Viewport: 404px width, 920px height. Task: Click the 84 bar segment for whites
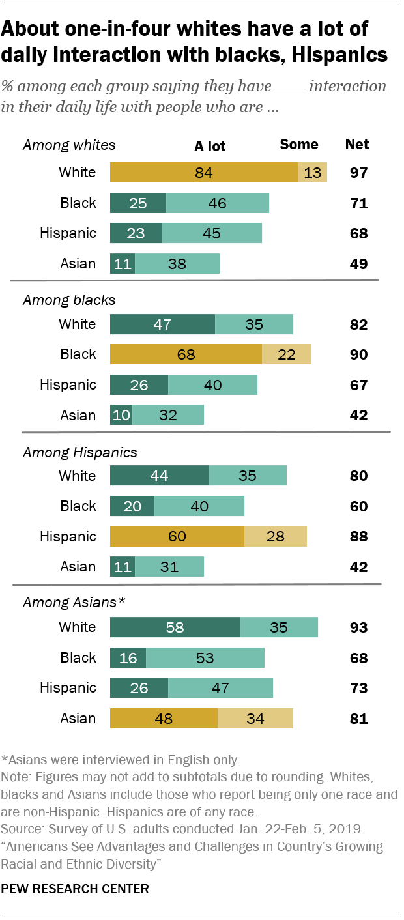coord(204,173)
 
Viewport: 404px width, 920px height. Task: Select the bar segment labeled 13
coord(312,173)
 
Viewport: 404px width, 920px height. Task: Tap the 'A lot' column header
coord(210,145)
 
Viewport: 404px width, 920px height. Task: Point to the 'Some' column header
coord(299,145)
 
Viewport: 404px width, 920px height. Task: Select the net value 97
coord(358,173)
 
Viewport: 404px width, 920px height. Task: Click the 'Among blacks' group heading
coord(69,300)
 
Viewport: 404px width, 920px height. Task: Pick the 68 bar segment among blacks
coord(186,354)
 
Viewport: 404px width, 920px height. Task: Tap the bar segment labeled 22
coord(287,354)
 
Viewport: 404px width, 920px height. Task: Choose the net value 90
coord(358,354)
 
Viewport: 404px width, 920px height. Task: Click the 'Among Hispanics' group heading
coord(80,452)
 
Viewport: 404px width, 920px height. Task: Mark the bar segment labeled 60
coord(177,536)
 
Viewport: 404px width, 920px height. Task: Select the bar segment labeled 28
coord(276,536)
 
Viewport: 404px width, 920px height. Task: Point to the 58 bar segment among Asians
coord(175,627)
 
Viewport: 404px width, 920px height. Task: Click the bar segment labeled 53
coord(205,658)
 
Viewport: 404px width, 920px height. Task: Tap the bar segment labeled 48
coord(164,719)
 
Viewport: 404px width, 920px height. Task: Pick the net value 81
coord(358,719)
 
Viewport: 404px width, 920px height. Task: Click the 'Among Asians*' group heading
coord(74,603)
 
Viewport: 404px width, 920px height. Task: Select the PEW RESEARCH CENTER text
coord(76,888)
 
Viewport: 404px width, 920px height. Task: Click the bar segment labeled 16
coord(128,658)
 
